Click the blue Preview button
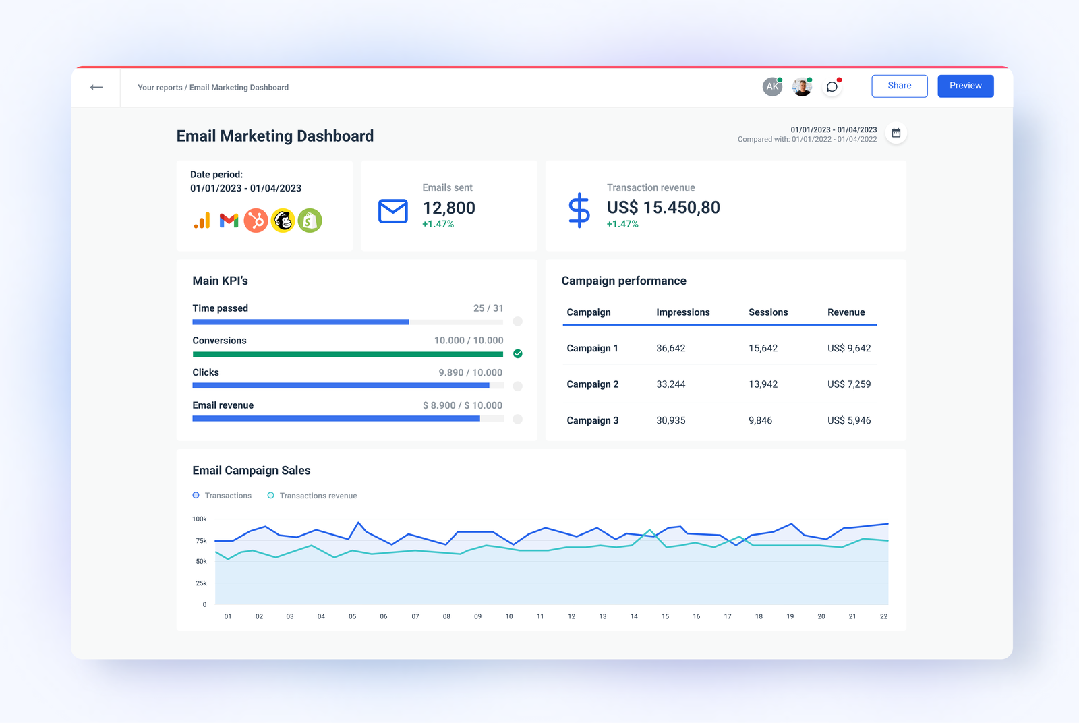965,86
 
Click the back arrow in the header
96,87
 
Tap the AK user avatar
772,86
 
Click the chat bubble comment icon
832,86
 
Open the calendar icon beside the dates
896,133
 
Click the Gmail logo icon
229,221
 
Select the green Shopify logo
310,221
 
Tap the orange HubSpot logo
256,221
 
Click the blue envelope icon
392,211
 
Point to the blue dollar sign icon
579,210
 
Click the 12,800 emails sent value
448,208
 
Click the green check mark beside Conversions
517,353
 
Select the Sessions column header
767,312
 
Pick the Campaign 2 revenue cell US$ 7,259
848,384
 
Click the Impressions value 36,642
670,349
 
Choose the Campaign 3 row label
592,420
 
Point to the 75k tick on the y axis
201,541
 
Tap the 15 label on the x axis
665,616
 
